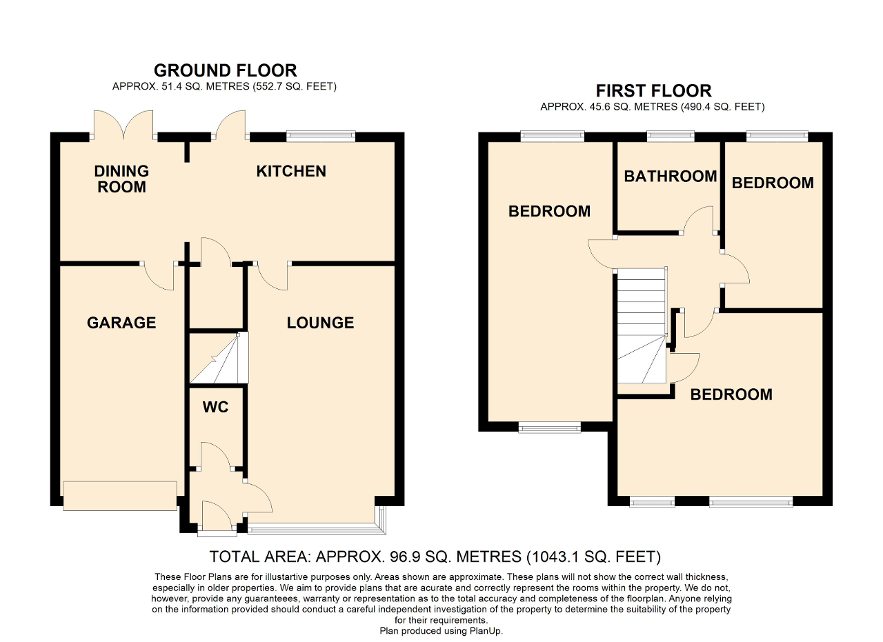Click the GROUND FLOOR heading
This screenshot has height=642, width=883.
pos(225,70)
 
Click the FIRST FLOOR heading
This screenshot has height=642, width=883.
pos(653,91)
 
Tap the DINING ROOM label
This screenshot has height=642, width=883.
pos(121,179)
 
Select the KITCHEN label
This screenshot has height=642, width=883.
pos(291,171)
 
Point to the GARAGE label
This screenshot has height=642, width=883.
pos(121,323)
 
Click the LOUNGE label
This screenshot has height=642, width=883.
pos(320,323)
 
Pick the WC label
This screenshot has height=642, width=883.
pos(215,408)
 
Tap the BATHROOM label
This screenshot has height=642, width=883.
pos(670,177)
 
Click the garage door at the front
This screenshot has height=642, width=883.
pos(120,496)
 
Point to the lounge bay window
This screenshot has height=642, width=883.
pos(314,530)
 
